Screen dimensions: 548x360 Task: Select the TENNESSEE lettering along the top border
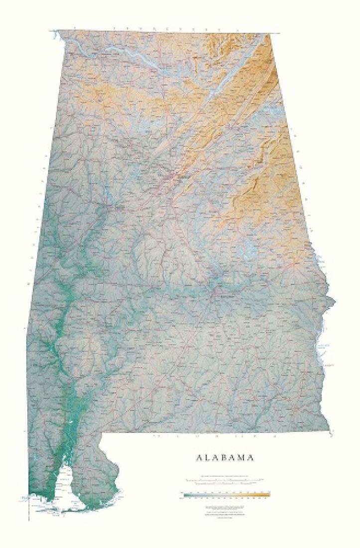coord(164,29)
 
